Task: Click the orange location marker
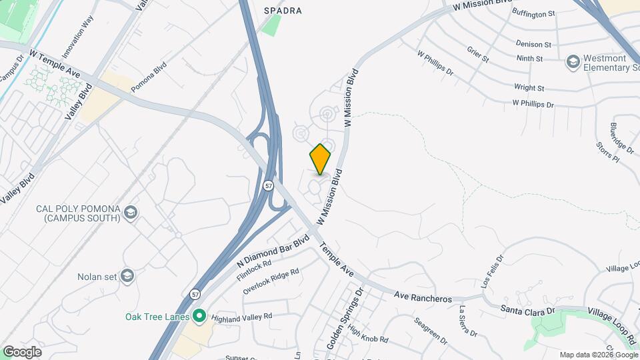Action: pyautogui.click(x=320, y=159)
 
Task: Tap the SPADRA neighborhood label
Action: pyautogui.click(x=283, y=11)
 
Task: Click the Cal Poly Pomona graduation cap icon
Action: pyautogui.click(x=131, y=213)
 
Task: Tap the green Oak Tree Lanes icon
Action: pyautogui.click(x=199, y=316)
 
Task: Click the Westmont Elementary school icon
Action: pyautogui.click(x=572, y=62)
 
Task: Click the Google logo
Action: pyautogui.click(x=22, y=351)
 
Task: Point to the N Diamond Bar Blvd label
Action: pyautogui.click(x=274, y=251)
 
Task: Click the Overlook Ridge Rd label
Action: pyautogui.click(x=271, y=281)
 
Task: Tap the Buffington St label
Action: pyautogui.click(x=533, y=13)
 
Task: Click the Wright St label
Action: pyautogui.click(x=529, y=87)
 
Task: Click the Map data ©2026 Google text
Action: pyautogui.click(x=598, y=355)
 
